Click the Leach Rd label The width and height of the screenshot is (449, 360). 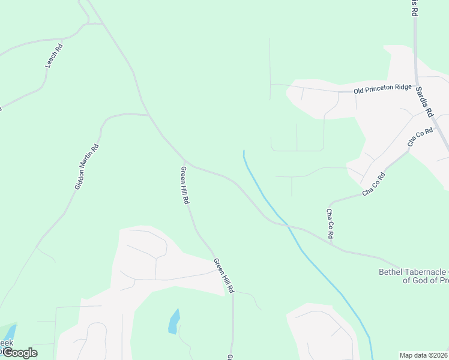[x=54, y=55]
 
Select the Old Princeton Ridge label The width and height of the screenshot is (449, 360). [x=382, y=89]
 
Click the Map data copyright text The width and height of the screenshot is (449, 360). [x=424, y=355]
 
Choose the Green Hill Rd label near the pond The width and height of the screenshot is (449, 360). [x=223, y=275]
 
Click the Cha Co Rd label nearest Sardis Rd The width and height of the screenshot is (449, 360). [x=420, y=137]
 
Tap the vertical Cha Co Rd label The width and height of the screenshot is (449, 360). [x=330, y=224]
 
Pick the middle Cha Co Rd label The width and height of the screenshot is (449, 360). [x=373, y=185]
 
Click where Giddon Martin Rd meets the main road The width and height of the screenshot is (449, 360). [x=148, y=114]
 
